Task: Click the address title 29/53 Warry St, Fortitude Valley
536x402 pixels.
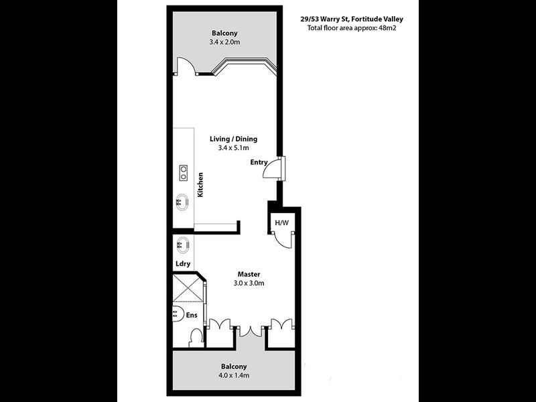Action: (x=351, y=20)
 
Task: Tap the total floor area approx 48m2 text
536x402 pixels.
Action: (x=351, y=29)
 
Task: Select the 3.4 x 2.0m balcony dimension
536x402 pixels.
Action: (x=224, y=43)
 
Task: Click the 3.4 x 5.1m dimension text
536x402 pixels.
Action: (x=234, y=148)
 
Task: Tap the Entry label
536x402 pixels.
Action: (x=259, y=162)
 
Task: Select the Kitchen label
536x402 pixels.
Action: (x=200, y=185)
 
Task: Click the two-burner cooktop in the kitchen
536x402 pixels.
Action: (x=182, y=173)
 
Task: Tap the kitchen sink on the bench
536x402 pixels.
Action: (x=182, y=200)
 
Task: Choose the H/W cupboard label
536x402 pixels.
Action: (x=281, y=222)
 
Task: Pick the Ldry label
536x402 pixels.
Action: (x=183, y=263)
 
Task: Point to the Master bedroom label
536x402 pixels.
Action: (x=249, y=274)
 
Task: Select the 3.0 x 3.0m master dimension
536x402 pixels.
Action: (x=249, y=283)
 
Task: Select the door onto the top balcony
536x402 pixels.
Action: (x=185, y=66)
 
